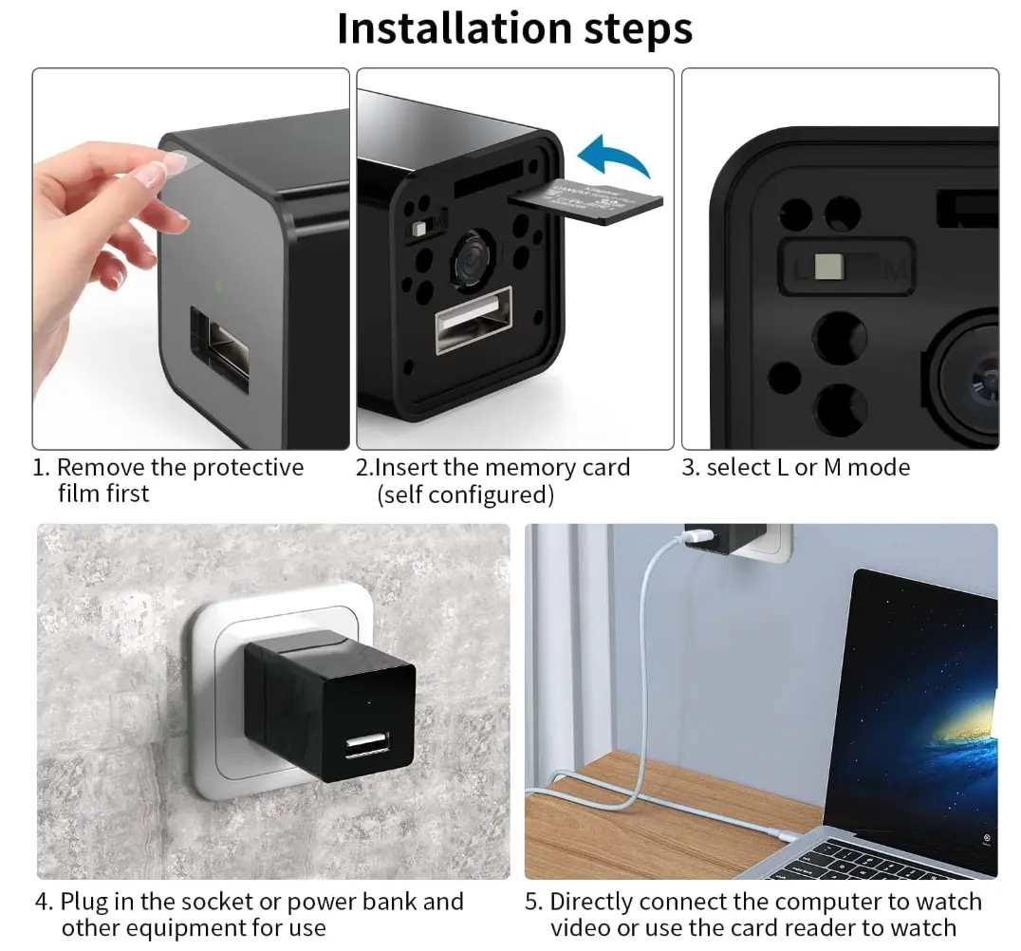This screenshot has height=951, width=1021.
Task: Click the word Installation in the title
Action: [455, 28]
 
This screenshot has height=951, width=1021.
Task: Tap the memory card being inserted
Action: [586, 202]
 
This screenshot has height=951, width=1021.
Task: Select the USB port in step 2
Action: [474, 319]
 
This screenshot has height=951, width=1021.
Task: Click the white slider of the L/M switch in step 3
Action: [829, 267]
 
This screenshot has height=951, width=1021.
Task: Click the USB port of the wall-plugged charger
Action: [368, 745]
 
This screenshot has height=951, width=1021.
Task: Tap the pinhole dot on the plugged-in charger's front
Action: [370, 702]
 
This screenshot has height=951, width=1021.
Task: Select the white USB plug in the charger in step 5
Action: [696, 535]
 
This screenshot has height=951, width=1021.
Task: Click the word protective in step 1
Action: [248, 468]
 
